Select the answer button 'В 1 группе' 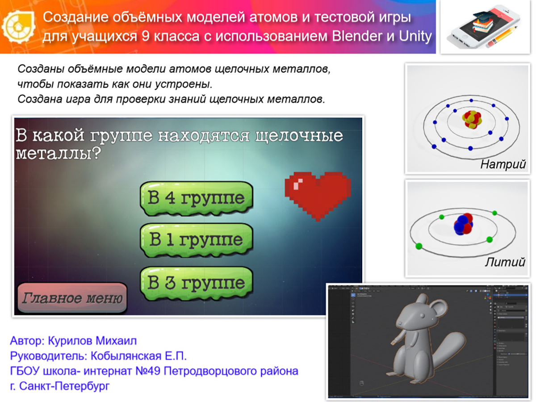pyautogui.click(x=196, y=240)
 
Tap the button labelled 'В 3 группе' pyautogui.click(x=196, y=283)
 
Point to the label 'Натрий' pyautogui.click(x=503, y=164)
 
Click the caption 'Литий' pyautogui.click(x=505, y=262)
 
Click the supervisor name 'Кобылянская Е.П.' pyautogui.click(x=138, y=356)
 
